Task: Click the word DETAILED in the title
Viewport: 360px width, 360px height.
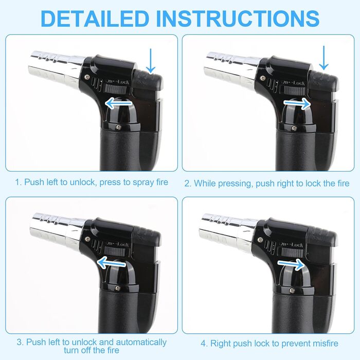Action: pos(95,19)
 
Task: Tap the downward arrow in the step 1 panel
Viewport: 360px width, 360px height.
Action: pos(151,61)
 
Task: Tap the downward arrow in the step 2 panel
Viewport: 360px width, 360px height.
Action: pos(323,58)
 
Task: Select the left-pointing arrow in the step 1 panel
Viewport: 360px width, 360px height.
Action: pos(118,103)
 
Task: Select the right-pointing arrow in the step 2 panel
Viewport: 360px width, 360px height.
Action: pos(297,103)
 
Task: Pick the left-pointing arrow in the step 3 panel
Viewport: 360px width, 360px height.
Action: pos(112,262)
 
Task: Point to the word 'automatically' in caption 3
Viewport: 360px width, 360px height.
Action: pos(141,343)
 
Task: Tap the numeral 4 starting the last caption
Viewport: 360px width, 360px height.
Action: pos(203,344)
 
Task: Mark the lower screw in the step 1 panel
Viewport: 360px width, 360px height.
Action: pos(118,127)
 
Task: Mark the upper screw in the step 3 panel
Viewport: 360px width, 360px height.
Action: pos(87,239)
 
